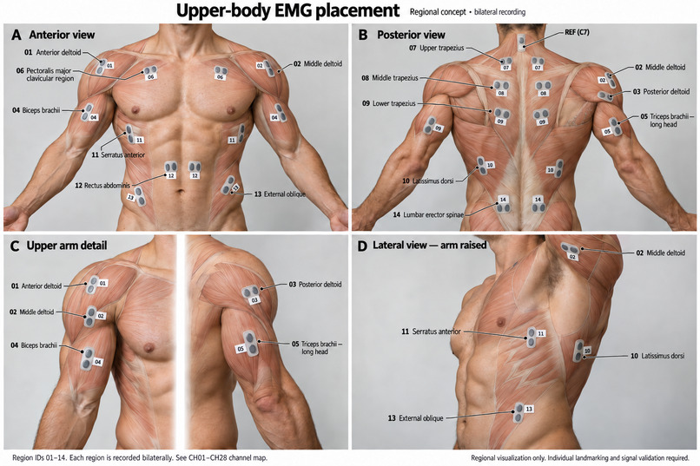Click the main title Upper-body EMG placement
click(x=288, y=10)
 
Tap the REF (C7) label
click(x=577, y=32)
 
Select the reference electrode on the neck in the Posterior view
click(x=521, y=43)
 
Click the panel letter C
click(x=15, y=246)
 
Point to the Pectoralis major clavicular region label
click(x=50, y=75)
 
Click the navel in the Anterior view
click(x=180, y=191)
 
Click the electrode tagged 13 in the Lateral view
click(x=518, y=413)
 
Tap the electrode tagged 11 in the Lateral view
click(x=531, y=337)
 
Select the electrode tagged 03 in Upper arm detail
click(x=250, y=292)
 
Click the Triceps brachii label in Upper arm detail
click(x=318, y=348)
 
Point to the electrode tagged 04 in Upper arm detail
click(x=88, y=358)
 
